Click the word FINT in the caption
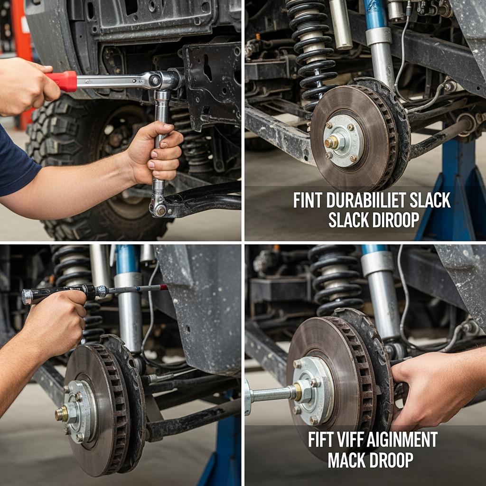pyautogui.click(x=308, y=201)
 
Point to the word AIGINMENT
pyautogui.click(x=402, y=439)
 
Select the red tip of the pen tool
pyautogui.click(x=164, y=287)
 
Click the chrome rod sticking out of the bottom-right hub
pyautogui.click(x=270, y=395)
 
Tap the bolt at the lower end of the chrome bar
pyautogui.click(x=160, y=211)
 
